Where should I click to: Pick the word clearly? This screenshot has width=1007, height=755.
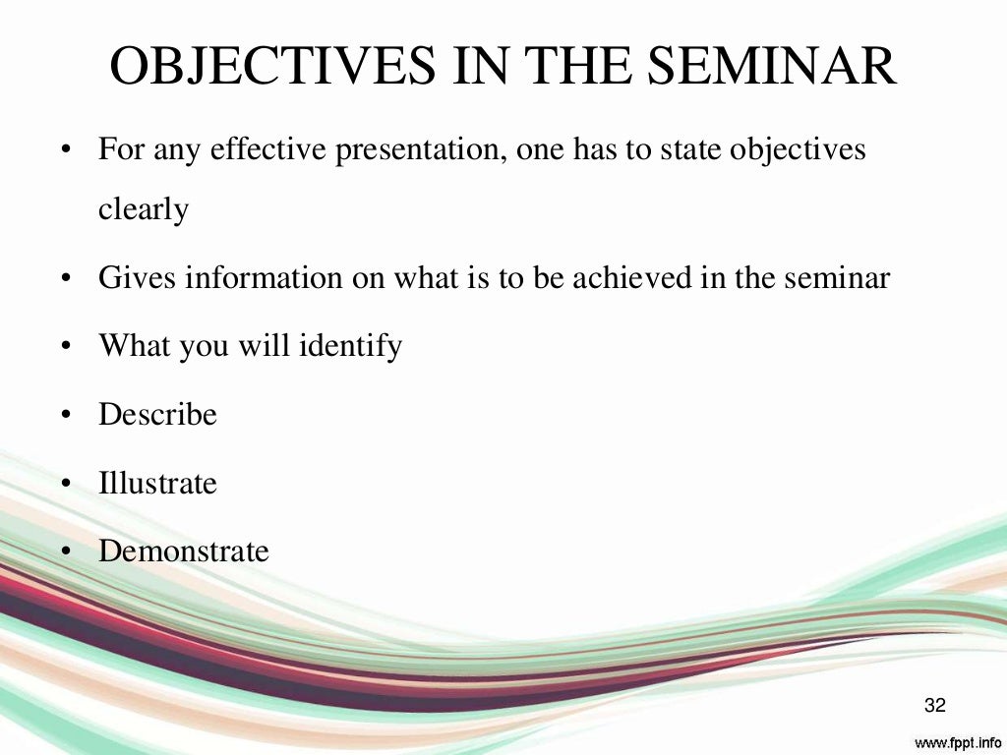(x=144, y=209)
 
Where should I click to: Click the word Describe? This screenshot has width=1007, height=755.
(x=157, y=414)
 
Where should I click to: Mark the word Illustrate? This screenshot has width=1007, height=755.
(x=157, y=483)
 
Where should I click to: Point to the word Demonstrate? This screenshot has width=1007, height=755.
(x=183, y=551)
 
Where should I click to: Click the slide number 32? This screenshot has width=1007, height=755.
(x=934, y=705)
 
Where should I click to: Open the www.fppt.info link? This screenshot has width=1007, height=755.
(x=959, y=740)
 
